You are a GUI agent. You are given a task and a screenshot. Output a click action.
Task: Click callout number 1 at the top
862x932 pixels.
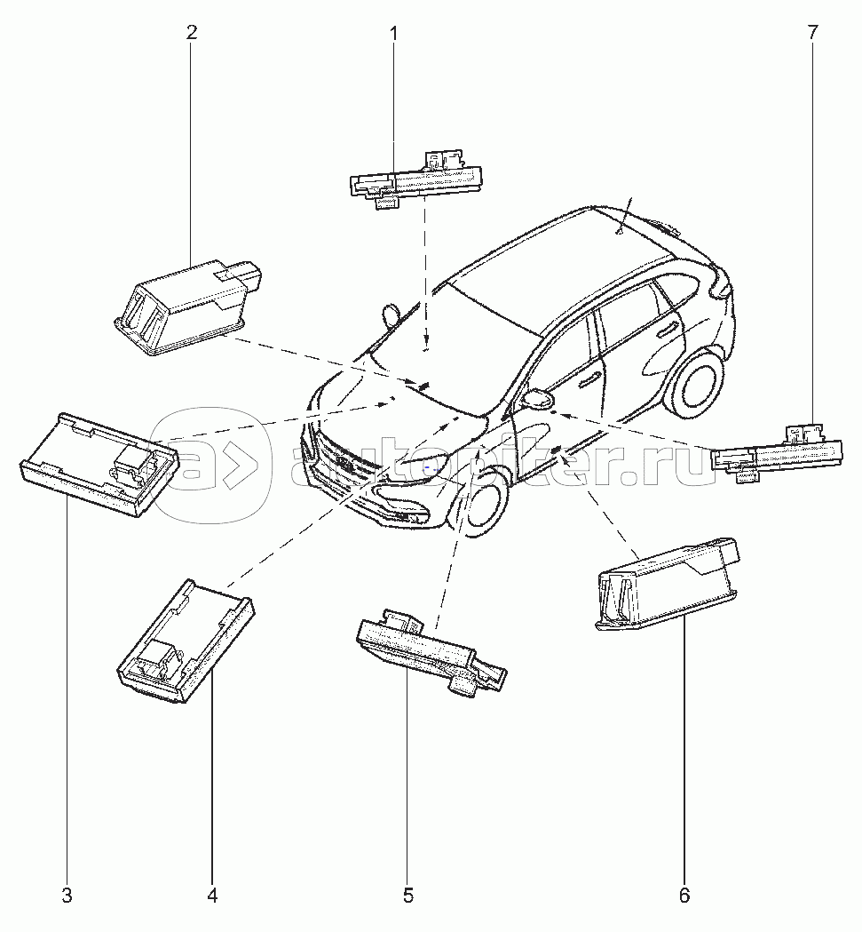(392, 33)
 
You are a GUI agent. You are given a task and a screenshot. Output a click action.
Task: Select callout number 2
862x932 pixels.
(191, 32)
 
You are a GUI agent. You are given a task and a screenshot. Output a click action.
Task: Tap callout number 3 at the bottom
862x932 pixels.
(67, 896)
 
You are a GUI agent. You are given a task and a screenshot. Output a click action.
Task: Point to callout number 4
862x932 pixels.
(212, 896)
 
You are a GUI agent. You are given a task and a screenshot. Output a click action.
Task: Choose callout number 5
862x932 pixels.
(408, 896)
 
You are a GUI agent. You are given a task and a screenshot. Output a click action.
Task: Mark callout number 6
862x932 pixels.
(684, 896)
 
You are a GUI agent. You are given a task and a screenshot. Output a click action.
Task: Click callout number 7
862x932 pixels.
(812, 32)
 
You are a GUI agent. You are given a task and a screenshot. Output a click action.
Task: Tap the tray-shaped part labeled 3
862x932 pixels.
(99, 464)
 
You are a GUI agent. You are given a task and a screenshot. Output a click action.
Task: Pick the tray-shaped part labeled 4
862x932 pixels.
(186, 642)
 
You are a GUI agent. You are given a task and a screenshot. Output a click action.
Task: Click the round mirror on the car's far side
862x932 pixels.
(391, 315)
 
